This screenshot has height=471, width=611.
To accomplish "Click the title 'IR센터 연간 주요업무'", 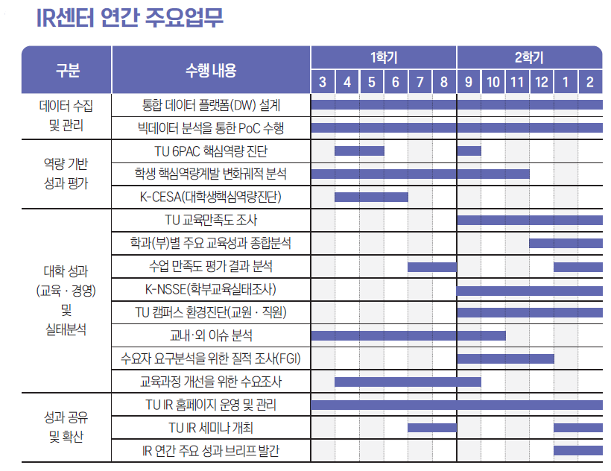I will point(130,18).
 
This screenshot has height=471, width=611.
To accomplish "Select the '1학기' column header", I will point(383,57).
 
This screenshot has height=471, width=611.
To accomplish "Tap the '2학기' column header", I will point(529,57).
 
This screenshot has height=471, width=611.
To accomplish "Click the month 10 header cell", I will point(493,82).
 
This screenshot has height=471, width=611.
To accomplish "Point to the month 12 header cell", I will point(541,82).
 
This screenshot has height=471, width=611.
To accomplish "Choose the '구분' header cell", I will point(67,70).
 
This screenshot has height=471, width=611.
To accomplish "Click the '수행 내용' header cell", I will point(211,70).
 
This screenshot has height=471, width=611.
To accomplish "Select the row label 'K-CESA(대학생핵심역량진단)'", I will point(211,197).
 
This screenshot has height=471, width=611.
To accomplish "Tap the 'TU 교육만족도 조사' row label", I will point(211,220).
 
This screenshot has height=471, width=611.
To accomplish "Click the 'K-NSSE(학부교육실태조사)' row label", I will point(211,289).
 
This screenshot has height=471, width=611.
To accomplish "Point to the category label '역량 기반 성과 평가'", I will point(66,174).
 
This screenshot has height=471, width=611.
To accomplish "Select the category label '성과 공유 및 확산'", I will point(66,427).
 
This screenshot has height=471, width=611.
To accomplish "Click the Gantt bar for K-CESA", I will point(371,197).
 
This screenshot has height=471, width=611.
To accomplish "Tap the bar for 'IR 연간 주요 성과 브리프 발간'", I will point(577,450).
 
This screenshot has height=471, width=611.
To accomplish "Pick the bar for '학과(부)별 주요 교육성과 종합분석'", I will point(566,243).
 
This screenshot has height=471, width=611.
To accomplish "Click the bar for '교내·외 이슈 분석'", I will point(408,335).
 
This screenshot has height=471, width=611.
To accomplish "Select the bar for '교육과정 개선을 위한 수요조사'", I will point(408,382).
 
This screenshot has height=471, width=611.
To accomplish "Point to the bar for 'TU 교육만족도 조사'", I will point(529,220).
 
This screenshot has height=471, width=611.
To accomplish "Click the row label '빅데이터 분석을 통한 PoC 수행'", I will point(211,128).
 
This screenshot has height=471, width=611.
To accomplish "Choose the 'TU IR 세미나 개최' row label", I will point(211,427).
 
